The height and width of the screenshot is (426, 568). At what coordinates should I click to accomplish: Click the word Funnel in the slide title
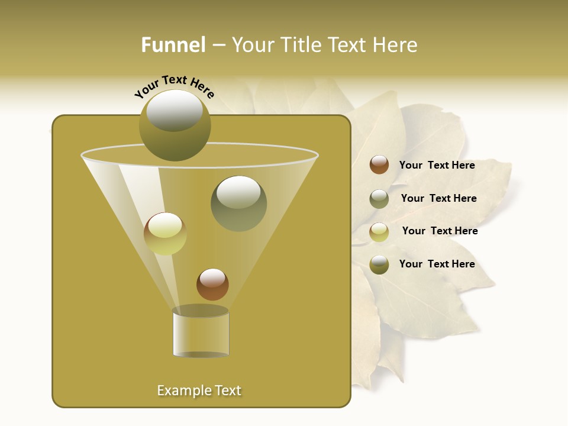[x=173, y=45]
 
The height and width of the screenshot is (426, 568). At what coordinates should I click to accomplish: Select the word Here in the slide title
[x=394, y=45]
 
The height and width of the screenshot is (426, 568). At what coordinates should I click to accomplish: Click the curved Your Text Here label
[x=174, y=86]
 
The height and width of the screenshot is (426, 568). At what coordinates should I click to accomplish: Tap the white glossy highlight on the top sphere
[x=174, y=110]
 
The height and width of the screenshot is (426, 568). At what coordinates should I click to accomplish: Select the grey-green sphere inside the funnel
[x=238, y=204]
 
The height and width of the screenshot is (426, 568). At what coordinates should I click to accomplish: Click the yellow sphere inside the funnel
[x=165, y=234]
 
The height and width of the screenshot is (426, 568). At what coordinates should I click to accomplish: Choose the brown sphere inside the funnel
[x=212, y=285]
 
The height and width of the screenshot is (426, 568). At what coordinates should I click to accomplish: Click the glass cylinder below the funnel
[x=201, y=334]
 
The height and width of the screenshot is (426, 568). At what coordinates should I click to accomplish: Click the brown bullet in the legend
[x=379, y=165]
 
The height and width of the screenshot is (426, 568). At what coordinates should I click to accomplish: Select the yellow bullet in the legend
[x=379, y=231]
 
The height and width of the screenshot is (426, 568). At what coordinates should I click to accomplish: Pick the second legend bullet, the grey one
[x=379, y=199]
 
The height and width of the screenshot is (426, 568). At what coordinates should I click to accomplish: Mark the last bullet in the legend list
[x=379, y=264]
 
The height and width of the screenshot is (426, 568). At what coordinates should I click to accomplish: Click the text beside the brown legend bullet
[x=437, y=165]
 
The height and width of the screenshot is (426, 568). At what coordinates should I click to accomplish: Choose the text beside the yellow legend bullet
[x=440, y=231]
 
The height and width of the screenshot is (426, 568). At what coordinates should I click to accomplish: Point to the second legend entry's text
[x=438, y=198]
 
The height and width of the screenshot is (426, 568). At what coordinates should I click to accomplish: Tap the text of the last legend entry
[x=437, y=264]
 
